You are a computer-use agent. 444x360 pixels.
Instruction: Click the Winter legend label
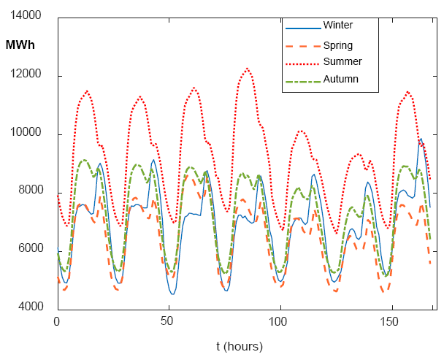tap(338, 25)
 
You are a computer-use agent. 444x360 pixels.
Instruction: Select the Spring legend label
tap(338, 46)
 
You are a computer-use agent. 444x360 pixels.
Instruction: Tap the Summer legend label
tap(342, 61)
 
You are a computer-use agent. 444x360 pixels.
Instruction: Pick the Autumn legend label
tap(340, 79)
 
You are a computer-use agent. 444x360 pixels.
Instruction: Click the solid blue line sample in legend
tap(303, 28)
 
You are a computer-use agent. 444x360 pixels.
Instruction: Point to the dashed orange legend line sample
tap(303, 46)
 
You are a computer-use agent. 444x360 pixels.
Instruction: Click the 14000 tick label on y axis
tap(26, 15)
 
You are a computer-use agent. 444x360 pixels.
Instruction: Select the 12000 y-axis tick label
tap(26, 74)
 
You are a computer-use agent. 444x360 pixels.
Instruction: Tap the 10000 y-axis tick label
tap(26, 132)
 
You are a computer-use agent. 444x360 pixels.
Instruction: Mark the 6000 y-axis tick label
tap(31, 248)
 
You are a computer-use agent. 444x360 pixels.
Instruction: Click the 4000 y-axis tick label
tap(31, 306)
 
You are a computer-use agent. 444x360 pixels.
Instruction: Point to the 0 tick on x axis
tap(57, 321)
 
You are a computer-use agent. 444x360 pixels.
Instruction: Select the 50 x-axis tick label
tap(166, 321)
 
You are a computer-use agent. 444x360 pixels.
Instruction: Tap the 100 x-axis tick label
tap(277, 321)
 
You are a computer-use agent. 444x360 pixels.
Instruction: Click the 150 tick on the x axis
tap(388, 321)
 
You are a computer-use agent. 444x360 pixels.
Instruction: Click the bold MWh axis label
tap(20, 45)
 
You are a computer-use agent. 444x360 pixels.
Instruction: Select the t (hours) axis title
tap(240, 346)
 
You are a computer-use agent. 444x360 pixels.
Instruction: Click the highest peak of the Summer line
tap(248, 69)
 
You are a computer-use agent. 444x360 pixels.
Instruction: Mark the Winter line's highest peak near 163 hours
tap(421, 139)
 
